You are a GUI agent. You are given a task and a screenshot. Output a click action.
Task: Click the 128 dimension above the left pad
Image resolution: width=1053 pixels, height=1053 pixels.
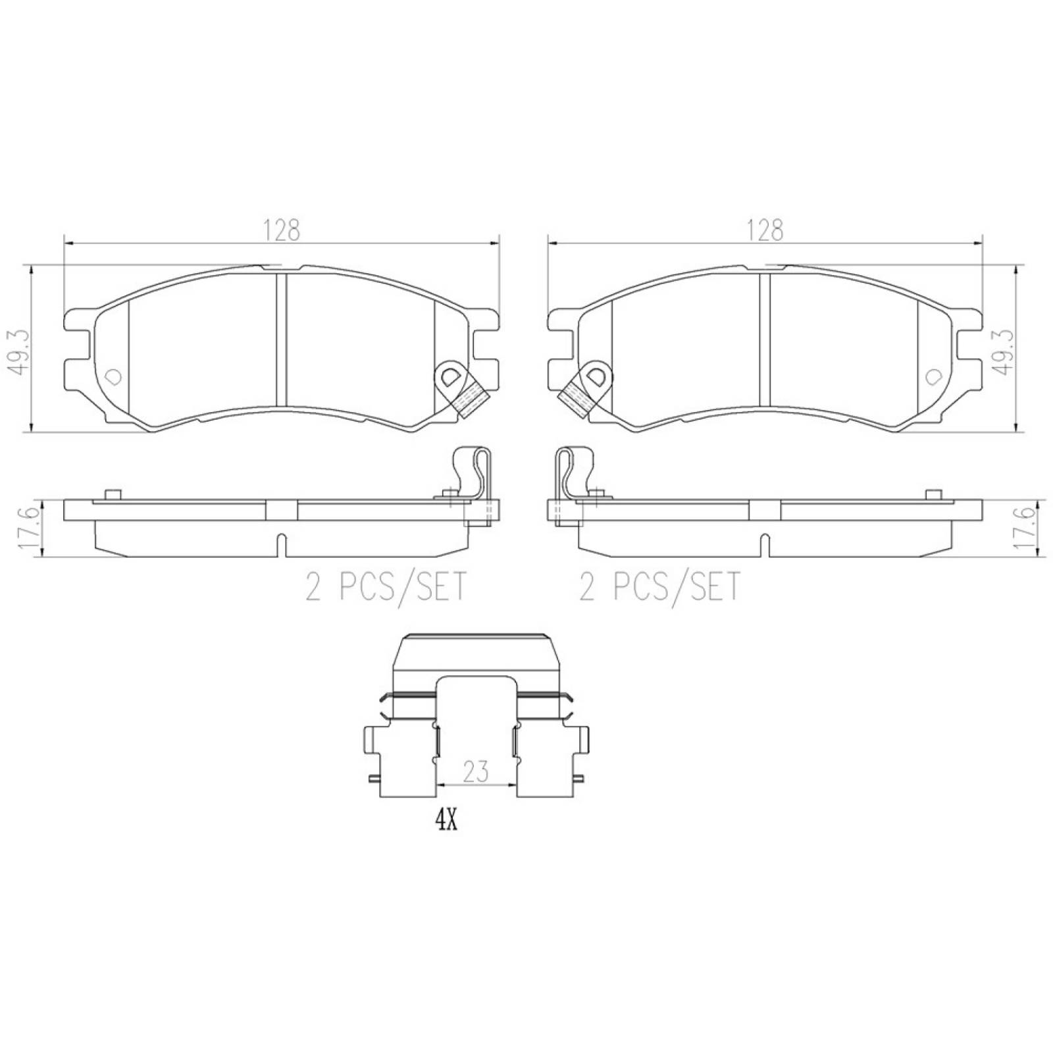282,230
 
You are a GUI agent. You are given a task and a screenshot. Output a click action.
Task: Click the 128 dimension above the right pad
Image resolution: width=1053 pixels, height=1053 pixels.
765,230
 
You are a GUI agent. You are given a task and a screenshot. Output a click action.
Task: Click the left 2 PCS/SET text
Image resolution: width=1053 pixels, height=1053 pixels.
386,586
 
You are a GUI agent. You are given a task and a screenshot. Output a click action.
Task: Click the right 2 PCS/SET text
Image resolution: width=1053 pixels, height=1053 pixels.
659,586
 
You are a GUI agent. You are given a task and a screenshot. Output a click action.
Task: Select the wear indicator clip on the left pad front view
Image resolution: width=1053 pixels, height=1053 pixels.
461,388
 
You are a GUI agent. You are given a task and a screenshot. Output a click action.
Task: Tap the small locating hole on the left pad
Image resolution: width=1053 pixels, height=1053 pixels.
113,377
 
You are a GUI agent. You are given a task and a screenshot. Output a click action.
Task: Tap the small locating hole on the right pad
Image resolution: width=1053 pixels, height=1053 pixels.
933,377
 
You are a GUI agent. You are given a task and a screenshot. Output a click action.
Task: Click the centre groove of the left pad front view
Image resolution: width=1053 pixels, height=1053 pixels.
281,339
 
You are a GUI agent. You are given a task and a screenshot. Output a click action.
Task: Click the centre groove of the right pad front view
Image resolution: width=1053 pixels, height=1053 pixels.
765,339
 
